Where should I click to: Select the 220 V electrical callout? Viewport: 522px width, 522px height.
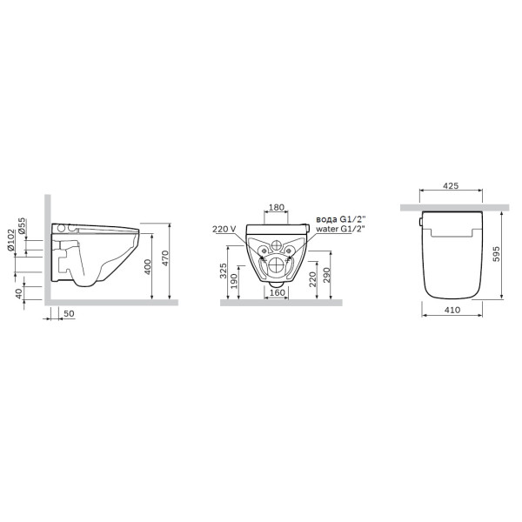(x=224, y=230)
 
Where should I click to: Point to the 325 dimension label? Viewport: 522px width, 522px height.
(x=225, y=271)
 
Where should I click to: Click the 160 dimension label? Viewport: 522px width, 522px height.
(x=276, y=292)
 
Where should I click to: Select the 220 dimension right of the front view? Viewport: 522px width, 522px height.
(x=311, y=279)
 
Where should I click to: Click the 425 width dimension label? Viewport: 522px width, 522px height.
(x=450, y=186)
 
